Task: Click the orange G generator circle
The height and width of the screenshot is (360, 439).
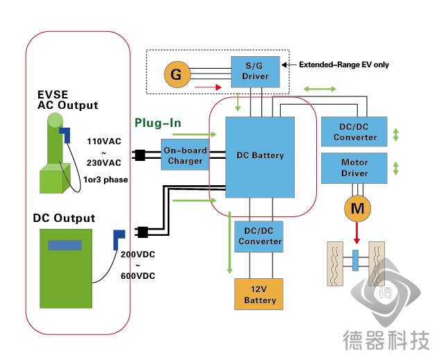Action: [177, 74]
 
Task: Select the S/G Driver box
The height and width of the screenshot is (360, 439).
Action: [255, 71]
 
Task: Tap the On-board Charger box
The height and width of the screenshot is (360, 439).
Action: [184, 155]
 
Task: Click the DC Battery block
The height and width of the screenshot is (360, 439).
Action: [260, 157]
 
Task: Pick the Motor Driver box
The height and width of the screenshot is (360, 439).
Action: [354, 168]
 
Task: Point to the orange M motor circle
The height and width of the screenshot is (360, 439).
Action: [357, 208]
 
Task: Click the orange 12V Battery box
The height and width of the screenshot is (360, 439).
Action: [259, 294]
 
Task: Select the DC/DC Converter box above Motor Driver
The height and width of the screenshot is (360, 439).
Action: [354, 132]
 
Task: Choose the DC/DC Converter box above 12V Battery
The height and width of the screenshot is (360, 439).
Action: [259, 237]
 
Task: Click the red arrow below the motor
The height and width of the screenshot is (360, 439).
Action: [356, 233]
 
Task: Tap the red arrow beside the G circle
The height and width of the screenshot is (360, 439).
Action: [208, 87]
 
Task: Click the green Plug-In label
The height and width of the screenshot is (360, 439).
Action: [158, 123]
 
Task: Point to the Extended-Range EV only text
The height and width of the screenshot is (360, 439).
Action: [344, 65]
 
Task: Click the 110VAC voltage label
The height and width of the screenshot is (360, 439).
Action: [104, 142]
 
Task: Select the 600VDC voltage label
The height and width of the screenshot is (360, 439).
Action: [138, 276]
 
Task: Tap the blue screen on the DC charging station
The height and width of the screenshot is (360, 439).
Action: [64, 245]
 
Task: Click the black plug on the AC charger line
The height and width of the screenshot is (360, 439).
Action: [139, 155]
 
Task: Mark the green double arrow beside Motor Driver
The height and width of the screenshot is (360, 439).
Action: [395, 169]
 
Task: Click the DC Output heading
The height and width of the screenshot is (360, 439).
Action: [64, 218]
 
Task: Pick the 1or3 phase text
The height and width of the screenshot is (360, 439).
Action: [105, 180]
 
